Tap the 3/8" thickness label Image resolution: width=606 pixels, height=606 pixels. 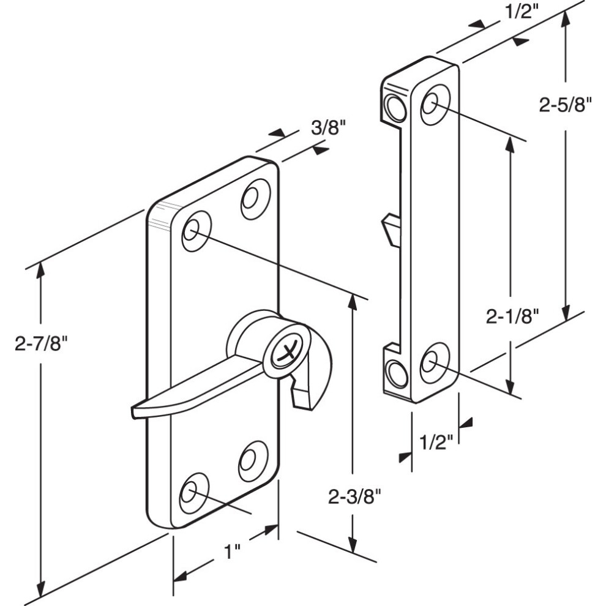[328, 127]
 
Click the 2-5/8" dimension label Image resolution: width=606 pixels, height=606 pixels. [566, 104]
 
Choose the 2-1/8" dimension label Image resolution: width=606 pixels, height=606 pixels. [512, 317]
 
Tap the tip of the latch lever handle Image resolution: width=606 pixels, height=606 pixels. [135, 411]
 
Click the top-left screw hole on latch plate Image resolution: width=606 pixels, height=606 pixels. [196, 231]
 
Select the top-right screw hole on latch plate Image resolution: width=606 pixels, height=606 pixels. [255, 199]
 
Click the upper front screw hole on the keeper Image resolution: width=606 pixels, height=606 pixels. [435, 104]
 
